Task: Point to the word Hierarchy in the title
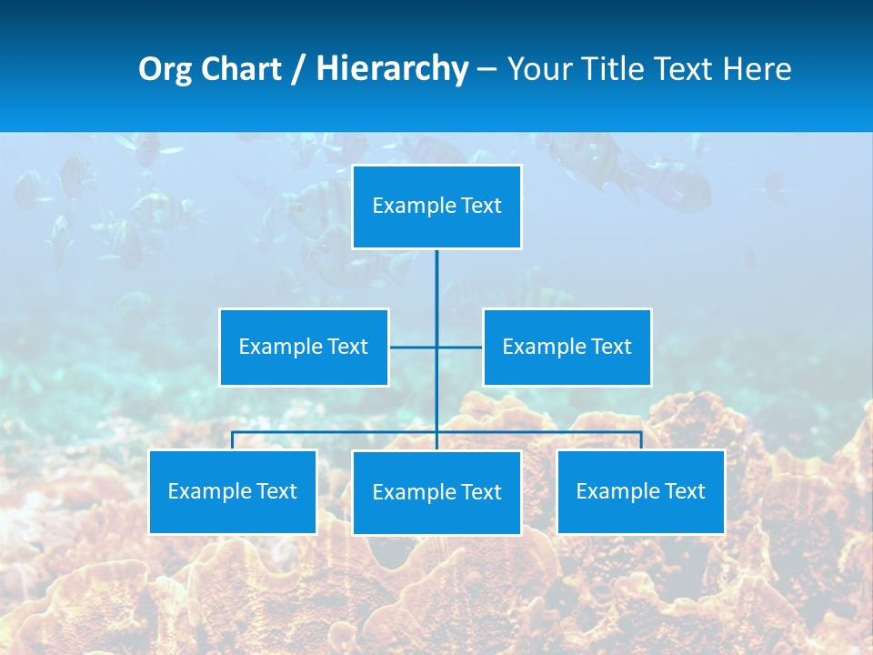point(391,70)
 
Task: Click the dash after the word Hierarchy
point(487,70)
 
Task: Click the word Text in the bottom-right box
point(685,491)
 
